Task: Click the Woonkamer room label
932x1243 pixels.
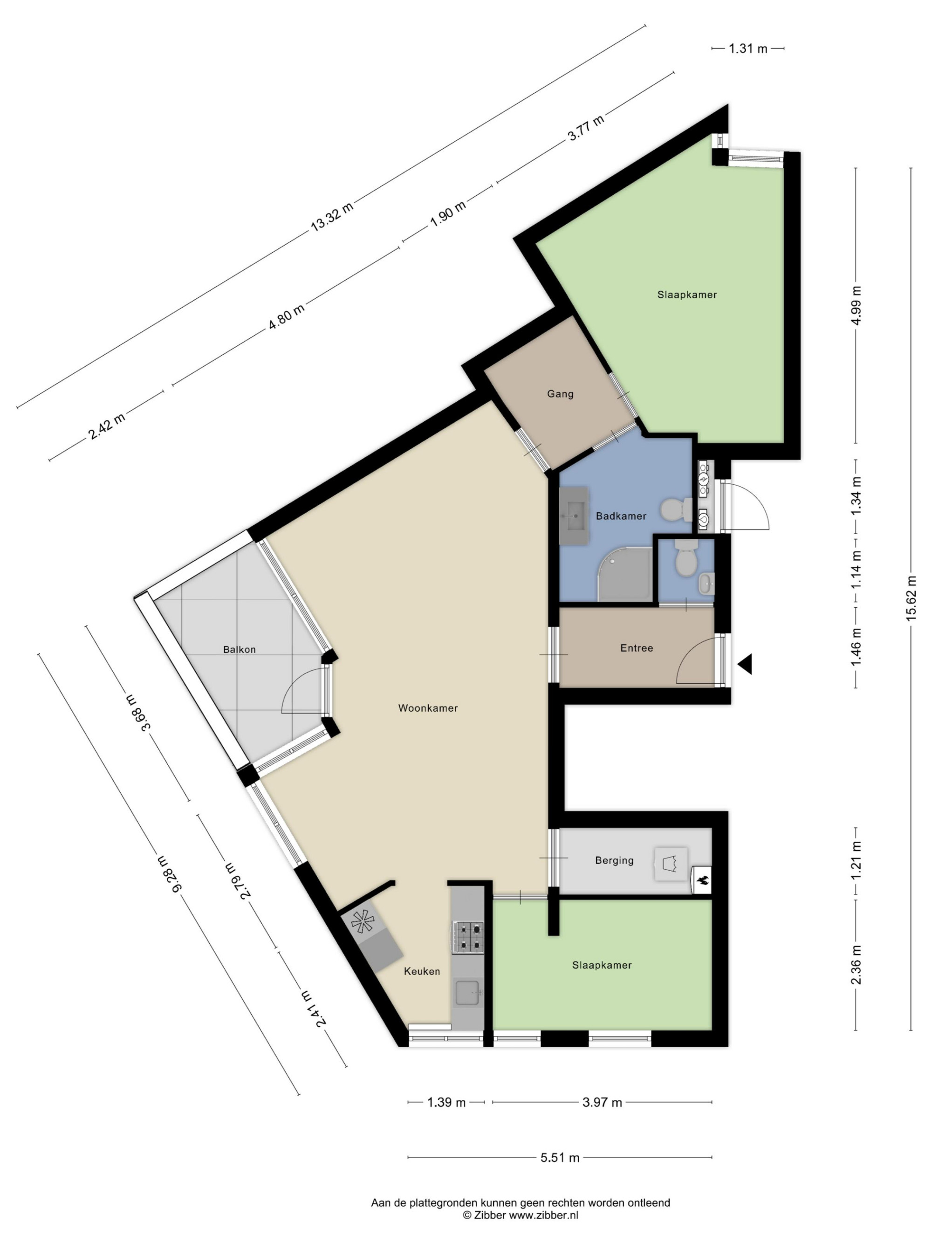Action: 427,708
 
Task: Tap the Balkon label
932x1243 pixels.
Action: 240,650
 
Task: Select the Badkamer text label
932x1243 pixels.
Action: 621,516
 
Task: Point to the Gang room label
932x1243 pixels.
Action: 560,394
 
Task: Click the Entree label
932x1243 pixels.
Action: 637,648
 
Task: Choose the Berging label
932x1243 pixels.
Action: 614,860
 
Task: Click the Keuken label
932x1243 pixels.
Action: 422,971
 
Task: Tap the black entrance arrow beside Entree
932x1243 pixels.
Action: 745,664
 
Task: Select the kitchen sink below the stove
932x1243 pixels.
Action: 467,993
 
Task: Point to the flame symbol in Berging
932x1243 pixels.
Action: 701,882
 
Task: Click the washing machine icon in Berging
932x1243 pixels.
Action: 670,864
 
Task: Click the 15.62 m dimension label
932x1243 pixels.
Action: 911,598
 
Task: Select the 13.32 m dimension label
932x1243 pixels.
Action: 332,217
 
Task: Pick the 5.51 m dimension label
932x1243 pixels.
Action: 560,1158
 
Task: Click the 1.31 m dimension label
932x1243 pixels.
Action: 748,48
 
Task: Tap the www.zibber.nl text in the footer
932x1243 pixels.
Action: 543,1216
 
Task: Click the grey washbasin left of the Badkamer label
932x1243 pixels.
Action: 574,516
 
